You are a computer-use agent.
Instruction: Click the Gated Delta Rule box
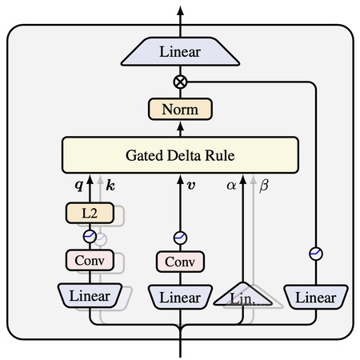click(x=180, y=155)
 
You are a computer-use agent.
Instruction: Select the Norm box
click(x=180, y=110)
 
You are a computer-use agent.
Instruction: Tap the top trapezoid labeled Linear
click(x=180, y=51)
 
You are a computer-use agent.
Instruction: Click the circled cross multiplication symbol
click(x=180, y=82)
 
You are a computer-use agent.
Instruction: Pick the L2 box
click(x=90, y=213)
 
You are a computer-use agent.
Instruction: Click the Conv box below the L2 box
click(x=90, y=260)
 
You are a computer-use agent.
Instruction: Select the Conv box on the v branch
click(x=180, y=262)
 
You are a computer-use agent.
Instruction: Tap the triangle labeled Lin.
click(x=242, y=294)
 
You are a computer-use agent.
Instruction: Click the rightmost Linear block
click(x=316, y=297)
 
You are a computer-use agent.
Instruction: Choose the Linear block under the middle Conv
click(x=180, y=297)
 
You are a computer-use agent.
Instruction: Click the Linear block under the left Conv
click(x=90, y=295)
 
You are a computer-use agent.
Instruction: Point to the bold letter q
click(x=79, y=185)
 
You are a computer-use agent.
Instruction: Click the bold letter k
click(x=110, y=185)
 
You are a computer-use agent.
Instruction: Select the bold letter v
click(x=191, y=185)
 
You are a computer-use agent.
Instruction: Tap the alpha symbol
click(x=231, y=186)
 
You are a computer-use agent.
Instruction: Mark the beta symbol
click(x=264, y=186)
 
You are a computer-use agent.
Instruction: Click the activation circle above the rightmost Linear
click(x=316, y=254)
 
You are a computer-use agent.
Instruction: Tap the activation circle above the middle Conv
click(x=180, y=238)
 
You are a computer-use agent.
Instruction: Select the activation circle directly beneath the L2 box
click(x=90, y=236)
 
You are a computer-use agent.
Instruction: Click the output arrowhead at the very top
click(x=180, y=10)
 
